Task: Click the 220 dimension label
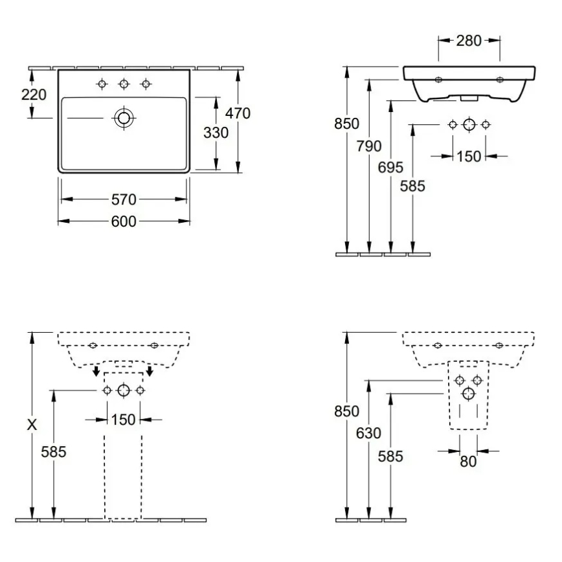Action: click(33, 95)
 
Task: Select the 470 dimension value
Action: click(237, 113)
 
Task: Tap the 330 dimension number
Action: click(216, 133)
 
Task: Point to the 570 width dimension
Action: click(124, 200)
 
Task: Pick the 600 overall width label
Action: click(124, 222)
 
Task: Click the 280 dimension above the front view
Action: click(469, 41)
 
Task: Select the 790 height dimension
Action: click(369, 146)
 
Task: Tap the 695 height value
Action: click(390, 167)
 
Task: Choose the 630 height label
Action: click(368, 433)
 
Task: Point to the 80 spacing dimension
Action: click(468, 462)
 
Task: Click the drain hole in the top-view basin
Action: click(124, 118)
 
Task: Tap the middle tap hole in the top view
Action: click(124, 84)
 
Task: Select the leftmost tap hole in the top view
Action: click(102, 84)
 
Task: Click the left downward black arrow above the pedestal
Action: click(96, 371)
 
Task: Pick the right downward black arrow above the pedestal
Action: click(150, 371)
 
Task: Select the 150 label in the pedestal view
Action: click(123, 420)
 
